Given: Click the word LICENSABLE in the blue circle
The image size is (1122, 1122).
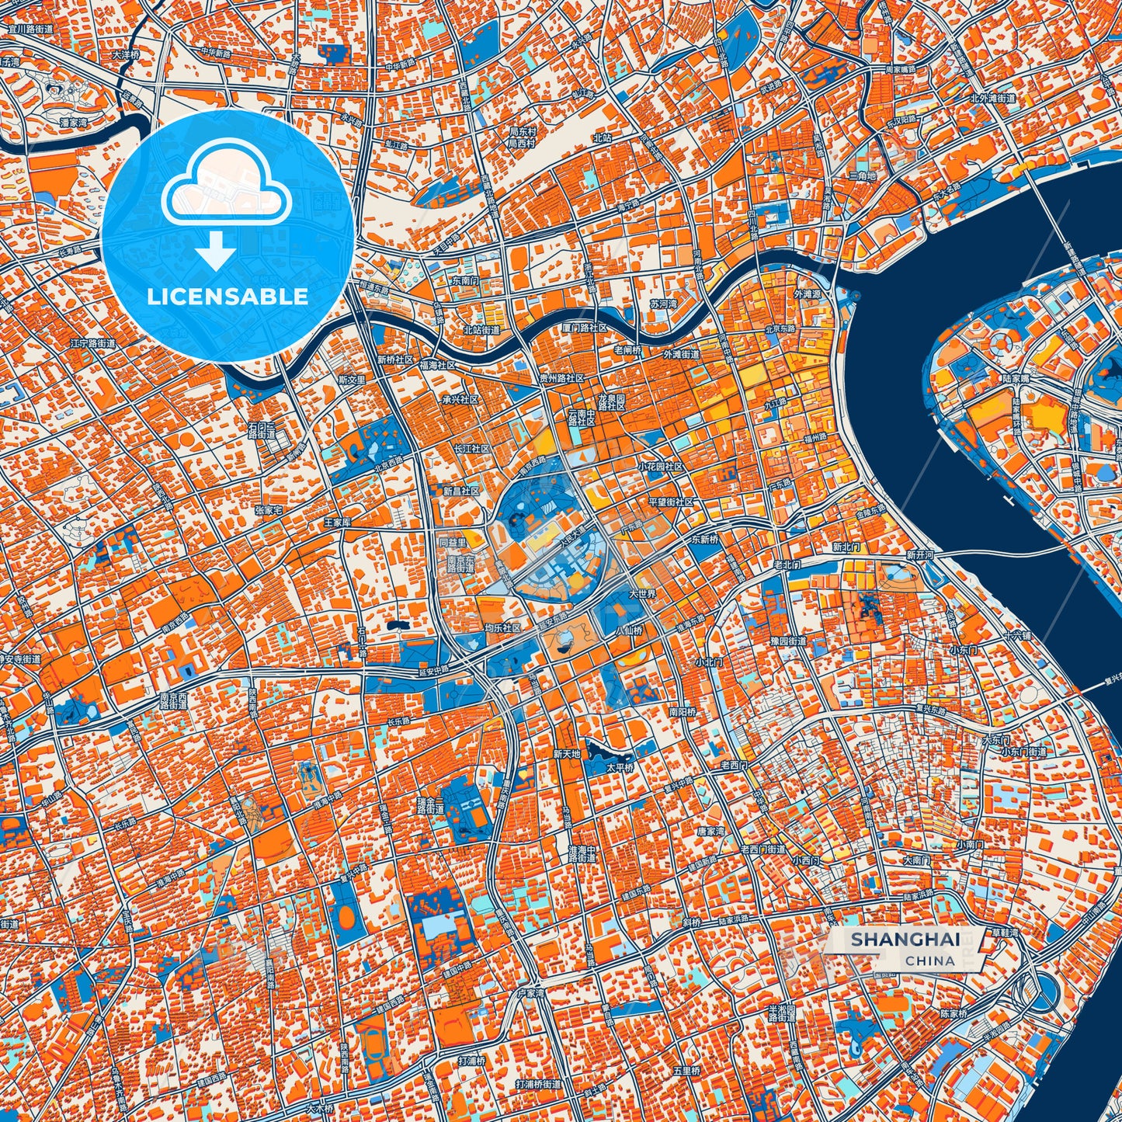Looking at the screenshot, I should (228, 297).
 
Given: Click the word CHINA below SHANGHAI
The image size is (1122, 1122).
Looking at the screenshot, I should (929, 960).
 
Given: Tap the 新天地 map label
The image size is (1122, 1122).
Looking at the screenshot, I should (567, 753).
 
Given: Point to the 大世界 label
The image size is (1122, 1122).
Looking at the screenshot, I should (642, 594).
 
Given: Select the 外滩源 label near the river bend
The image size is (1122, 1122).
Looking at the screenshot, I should (806, 295).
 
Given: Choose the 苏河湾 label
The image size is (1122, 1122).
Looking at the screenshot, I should (663, 304).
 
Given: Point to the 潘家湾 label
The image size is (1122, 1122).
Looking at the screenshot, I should (74, 122).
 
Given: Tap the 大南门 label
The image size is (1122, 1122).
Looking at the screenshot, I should (917, 860).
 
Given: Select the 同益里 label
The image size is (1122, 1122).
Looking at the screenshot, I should (452, 542).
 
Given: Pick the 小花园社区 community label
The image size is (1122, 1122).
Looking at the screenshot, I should (661, 467).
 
